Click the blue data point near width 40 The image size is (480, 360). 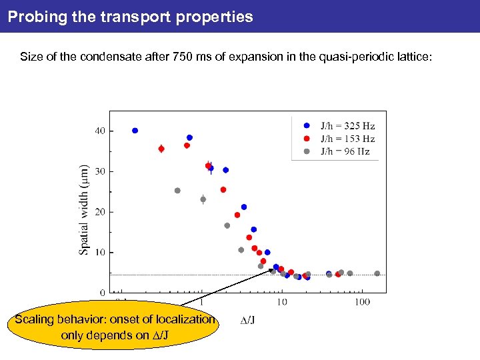click(x=135, y=131)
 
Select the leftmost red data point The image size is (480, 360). click(x=161, y=149)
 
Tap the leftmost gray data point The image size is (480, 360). click(x=177, y=191)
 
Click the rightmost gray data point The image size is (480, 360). click(x=377, y=273)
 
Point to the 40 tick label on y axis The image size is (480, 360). click(x=99, y=131)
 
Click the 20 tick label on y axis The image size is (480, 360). click(x=99, y=212)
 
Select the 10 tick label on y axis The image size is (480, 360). click(x=99, y=253)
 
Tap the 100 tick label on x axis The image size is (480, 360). click(x=361, y=303)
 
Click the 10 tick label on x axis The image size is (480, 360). click(x=282, y=303)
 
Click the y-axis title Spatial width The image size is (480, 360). click(x=85, y=209)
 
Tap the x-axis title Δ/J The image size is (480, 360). click(x=247, y=320)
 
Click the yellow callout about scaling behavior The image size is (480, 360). click(x=115, y=327)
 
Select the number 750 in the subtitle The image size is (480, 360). click(x=184, y=57)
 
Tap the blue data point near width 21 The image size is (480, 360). click(x=244, y=207)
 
